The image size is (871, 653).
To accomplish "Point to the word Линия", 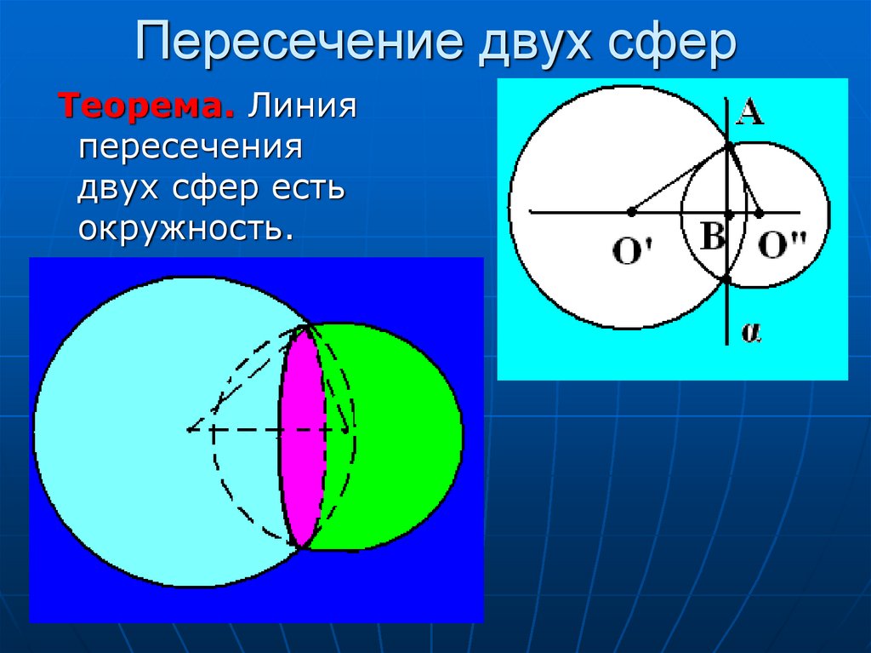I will pos(301,108).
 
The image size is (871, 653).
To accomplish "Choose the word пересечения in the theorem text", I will pos(191,148).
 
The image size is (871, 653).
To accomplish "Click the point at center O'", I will pos(630,211).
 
